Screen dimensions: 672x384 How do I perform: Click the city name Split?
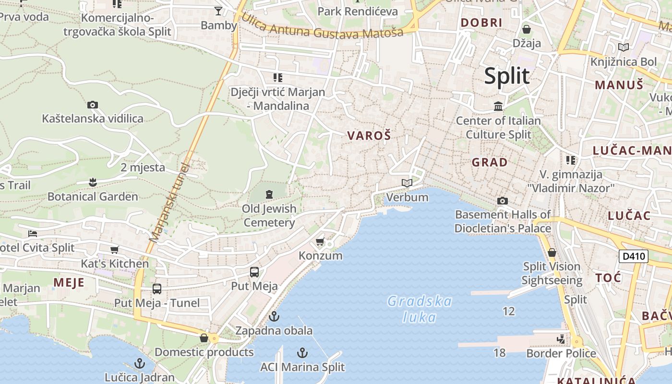(507, 76)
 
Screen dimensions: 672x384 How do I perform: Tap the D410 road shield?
(634, 256)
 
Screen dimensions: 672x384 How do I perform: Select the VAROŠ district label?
(369, 136)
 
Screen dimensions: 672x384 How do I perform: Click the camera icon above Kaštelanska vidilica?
(93, 105)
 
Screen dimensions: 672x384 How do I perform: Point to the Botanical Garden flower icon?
(93, 182)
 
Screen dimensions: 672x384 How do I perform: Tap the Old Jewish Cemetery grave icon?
(269, 194)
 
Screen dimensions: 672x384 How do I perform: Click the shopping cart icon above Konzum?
(320, 241)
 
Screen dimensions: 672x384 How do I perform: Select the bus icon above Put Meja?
(254, 272)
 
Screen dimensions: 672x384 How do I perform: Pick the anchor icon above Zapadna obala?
(274, 316)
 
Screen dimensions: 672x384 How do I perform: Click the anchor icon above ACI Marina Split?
(302, 353)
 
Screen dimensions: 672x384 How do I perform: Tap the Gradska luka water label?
(420, 309)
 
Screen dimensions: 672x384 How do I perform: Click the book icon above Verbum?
(407, 183)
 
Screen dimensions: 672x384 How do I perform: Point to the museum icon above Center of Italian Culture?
(498, 106)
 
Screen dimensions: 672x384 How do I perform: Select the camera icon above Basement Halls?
(503, 201)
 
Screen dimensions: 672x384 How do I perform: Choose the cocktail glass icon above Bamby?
(218, 11)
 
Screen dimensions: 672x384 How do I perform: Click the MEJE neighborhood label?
(69, 282)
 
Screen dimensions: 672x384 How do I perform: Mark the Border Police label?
(561, 354)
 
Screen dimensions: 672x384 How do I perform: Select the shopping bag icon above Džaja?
(527, 29)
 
